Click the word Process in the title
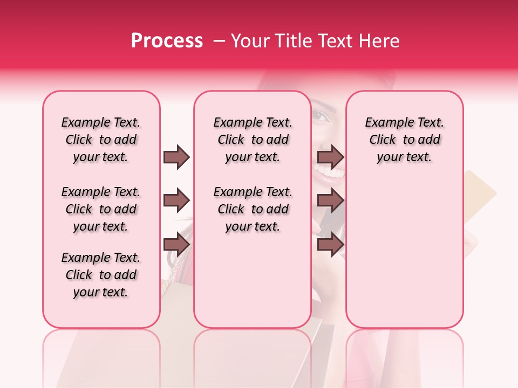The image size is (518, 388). tap(167, 40)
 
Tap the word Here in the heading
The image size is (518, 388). tap(380, 41)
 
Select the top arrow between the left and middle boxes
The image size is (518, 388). tap(176, 157)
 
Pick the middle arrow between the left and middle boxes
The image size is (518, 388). tap(176, 200)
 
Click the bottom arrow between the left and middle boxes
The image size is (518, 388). tap(176, 245)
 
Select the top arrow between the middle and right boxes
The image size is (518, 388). tap(330, 157)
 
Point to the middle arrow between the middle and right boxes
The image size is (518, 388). tap(330, 200)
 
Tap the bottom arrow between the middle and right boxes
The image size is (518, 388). tap(330, 245)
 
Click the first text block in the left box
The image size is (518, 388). tap(101, 140)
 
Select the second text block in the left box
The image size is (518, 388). tap(101, 209)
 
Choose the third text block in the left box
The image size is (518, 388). tap(101, 275)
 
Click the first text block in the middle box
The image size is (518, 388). tap(253, 140)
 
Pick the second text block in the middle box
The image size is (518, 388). tap(253, 209)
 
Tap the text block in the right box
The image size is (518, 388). tap(404, 140)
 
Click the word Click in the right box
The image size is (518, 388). tap(383, 140)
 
